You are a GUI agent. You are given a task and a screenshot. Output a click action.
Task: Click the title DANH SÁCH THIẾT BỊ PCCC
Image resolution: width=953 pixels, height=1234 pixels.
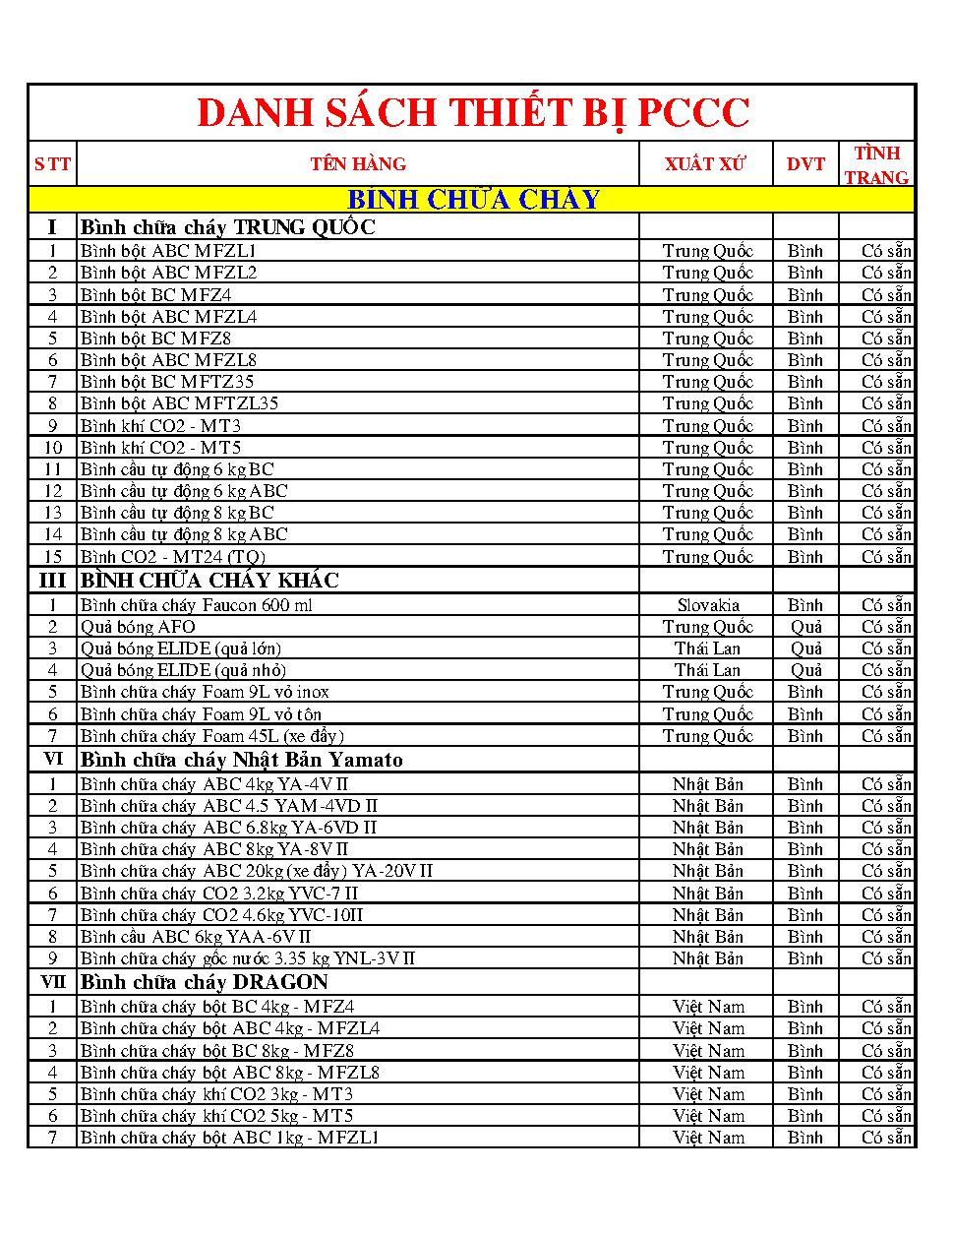[473, 113]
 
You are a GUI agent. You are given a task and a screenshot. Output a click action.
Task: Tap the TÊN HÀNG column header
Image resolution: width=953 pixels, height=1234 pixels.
[358, 164]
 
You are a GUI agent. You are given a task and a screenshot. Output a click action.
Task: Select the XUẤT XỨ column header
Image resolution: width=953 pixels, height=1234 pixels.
[705, 164]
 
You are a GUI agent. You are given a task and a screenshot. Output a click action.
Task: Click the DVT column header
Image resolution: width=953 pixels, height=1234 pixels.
[805, 164]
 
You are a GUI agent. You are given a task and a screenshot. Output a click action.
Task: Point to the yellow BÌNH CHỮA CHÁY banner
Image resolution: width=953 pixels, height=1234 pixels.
[473, 200]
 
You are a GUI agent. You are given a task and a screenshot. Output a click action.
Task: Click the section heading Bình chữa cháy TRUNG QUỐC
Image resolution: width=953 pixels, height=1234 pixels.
[228, 227]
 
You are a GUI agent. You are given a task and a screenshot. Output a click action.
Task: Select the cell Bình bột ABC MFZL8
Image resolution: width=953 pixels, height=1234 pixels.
[168, 360]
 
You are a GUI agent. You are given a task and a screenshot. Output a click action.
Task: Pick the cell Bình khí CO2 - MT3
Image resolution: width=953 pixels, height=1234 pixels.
[160, 426]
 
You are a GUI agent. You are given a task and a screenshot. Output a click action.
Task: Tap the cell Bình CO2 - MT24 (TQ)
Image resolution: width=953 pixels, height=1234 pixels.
[173, 557]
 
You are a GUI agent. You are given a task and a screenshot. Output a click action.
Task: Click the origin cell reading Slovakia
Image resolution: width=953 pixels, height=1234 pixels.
[708, 605]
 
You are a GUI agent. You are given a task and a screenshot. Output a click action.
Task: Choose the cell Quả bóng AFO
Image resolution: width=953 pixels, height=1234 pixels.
[138, 627]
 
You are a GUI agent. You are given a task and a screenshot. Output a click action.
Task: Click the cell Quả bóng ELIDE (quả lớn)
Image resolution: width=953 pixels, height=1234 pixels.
[181, 648]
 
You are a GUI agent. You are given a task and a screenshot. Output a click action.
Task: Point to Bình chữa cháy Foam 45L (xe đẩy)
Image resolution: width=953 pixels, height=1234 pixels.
[211, 736]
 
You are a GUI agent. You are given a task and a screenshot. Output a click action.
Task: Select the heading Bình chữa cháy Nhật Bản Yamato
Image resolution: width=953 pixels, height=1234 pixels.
[242, 760]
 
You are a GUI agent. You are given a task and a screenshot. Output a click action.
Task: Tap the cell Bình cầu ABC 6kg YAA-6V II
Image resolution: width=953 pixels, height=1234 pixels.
[196, 937]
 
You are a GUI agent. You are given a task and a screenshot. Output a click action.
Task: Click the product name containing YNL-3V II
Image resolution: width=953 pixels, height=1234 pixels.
[248, 958]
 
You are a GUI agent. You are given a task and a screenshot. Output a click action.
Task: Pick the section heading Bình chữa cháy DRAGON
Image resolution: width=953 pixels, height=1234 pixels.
[205, 982]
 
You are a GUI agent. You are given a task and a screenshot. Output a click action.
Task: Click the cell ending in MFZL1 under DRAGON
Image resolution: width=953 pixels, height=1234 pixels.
[230, 1138]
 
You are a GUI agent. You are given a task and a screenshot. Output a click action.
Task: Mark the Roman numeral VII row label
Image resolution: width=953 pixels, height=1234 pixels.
[53, 982]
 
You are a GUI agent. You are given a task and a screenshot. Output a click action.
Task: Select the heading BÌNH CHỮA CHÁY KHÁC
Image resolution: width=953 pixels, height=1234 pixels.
[209, 581]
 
